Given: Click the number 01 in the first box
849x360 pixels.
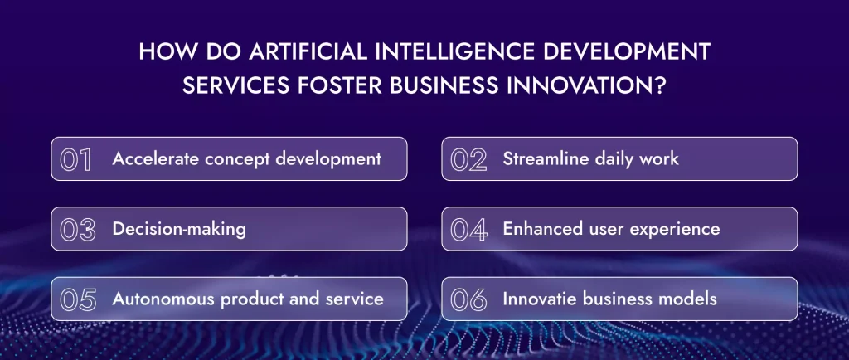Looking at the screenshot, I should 76,159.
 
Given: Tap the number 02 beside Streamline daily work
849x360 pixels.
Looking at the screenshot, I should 468,159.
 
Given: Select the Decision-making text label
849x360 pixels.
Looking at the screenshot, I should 179,229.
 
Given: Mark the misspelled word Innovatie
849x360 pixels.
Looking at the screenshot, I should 539,299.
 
